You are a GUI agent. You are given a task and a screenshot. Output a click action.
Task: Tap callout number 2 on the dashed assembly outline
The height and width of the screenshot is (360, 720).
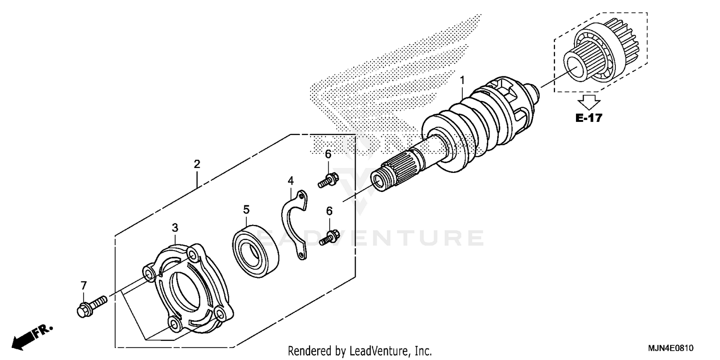pyautogui.click(x=197, y=164)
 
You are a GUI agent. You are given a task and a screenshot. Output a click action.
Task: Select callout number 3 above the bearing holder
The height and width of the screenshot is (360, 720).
pyautogui.click(x=175, y=227)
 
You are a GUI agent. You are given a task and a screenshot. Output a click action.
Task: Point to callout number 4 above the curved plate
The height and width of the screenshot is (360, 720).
pyautogui.click(x=290, y=181)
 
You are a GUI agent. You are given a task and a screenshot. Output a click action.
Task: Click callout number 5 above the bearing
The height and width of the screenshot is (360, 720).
pyautogui.click(x=246, y=210)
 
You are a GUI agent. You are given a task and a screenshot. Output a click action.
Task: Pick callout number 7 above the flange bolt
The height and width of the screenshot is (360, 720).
pyautogui.click(x=84, y=286)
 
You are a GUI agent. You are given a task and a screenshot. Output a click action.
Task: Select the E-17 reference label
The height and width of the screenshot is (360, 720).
pyautogui.click(x=588, y=118)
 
